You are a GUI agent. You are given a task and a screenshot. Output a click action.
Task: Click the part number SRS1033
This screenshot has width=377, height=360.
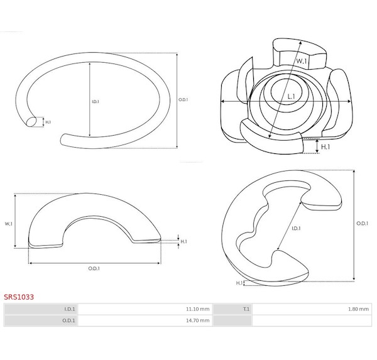point(19,297)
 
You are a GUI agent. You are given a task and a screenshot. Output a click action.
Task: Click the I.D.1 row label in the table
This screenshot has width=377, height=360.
point(70,309)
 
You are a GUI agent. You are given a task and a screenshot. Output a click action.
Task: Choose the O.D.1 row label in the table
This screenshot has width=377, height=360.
point(68,320)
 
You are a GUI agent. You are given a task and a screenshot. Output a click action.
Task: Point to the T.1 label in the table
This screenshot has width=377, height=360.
point(246,309)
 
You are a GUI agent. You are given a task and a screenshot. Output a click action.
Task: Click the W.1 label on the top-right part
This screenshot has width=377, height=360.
point(301,61)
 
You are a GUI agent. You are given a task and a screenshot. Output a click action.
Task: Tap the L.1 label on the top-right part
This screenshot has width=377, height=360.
point(291,97)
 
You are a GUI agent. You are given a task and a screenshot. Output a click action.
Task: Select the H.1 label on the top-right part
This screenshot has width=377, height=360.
point(325,146)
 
